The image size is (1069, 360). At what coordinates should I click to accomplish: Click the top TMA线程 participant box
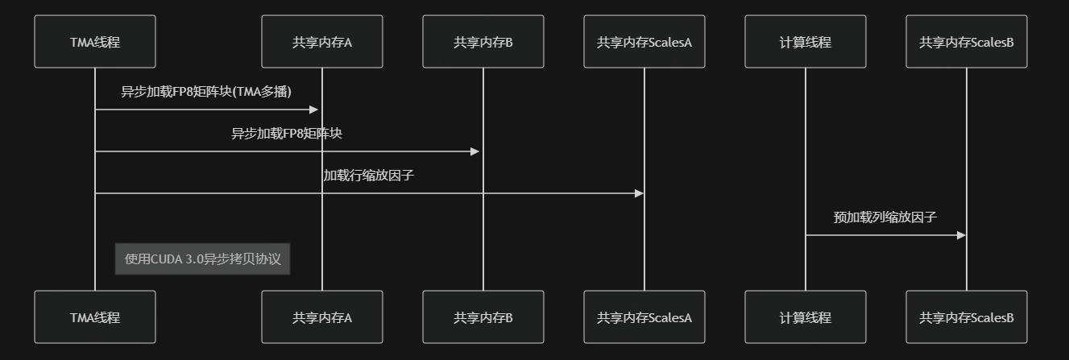pos(95,42)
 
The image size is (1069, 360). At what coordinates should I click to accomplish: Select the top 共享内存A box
pos(322,42)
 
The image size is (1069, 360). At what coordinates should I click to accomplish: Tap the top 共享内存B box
pos(483,42)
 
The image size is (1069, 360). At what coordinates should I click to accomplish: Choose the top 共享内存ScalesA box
pos(644,42)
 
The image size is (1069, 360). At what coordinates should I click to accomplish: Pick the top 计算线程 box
pos(806,42)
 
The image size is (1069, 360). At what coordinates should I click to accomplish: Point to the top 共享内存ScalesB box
pos(967,42)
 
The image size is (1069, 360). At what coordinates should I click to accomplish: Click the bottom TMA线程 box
pos(95,317)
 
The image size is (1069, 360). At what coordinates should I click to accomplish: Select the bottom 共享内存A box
pos(322,317)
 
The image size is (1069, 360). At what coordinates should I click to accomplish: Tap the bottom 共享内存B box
pos(483,317)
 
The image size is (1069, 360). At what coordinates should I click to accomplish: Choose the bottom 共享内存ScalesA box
pos(644,317)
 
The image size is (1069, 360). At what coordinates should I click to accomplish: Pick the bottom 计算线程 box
pos(806,317)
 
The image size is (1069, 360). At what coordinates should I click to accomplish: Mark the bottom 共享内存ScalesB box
pos(967,317)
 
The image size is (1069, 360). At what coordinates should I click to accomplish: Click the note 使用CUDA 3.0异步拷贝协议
pos(202,259)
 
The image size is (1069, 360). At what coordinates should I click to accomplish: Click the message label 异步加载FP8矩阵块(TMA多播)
pos(206,92)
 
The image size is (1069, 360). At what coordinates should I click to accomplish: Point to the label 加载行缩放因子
pos(369,176)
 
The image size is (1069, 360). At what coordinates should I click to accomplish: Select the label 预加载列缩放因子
pos(885,217)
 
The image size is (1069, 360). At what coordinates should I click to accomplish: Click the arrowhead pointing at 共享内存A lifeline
pos(315,110)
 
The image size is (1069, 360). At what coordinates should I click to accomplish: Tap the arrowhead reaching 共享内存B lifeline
pos(476,151)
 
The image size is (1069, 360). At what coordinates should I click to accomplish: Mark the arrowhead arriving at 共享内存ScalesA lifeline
pos(639,193)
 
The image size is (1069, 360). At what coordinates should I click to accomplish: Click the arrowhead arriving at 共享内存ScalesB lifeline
pos(961,235)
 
